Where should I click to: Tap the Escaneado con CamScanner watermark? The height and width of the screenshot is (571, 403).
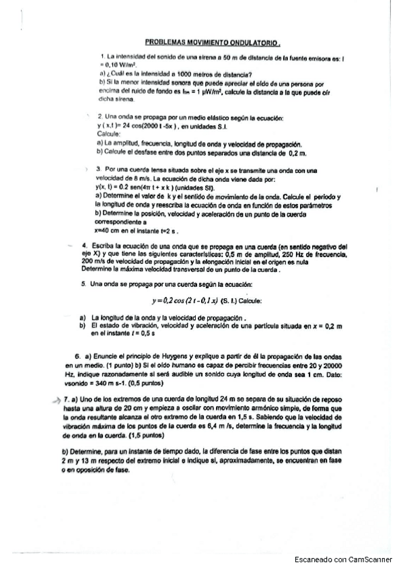(344, 559)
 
